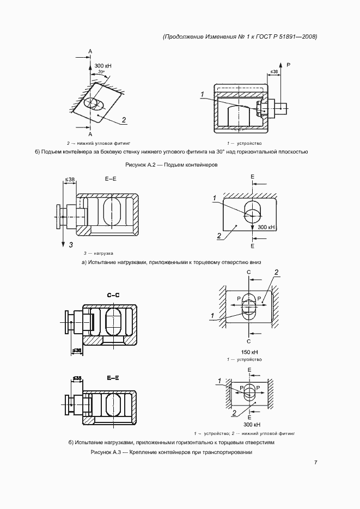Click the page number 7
point(315,463)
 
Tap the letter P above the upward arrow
point(289,65)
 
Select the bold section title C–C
point(113,295)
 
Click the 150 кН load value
point(249,352)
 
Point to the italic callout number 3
point(71,245)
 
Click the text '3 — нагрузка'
point(99,253)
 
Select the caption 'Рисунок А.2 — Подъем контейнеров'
point(172,164)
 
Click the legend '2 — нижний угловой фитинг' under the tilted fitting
point(99,143)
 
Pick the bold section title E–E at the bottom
point(113,378)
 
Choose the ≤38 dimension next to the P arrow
point(274,71)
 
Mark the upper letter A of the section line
point(90,51)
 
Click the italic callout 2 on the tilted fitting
point(124,120)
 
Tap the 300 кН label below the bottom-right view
point(252,425)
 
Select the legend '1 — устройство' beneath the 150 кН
point(245,359)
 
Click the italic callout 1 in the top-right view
point(202,95)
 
